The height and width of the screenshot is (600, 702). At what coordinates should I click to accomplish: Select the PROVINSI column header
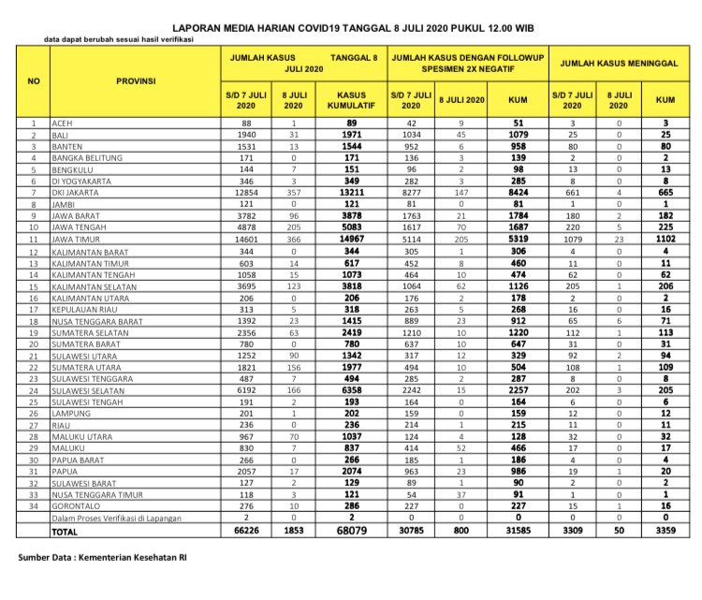pyautogui.click(x=135, y=80)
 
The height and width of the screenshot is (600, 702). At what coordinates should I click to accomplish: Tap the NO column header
pyautogui.click(x=34, y=80)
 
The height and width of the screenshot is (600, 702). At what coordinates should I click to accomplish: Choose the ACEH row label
pyautogui.click(x=65, y=123)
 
